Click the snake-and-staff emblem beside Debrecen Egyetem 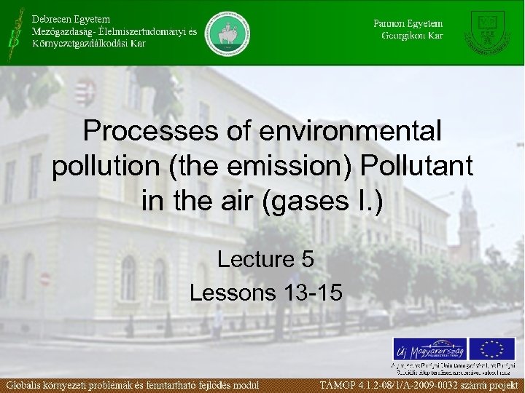pos(12,32)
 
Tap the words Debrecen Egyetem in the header pos(71,17)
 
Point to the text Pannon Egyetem pos(408,23)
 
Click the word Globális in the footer pos(30,384)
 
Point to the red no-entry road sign pos(44,279)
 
